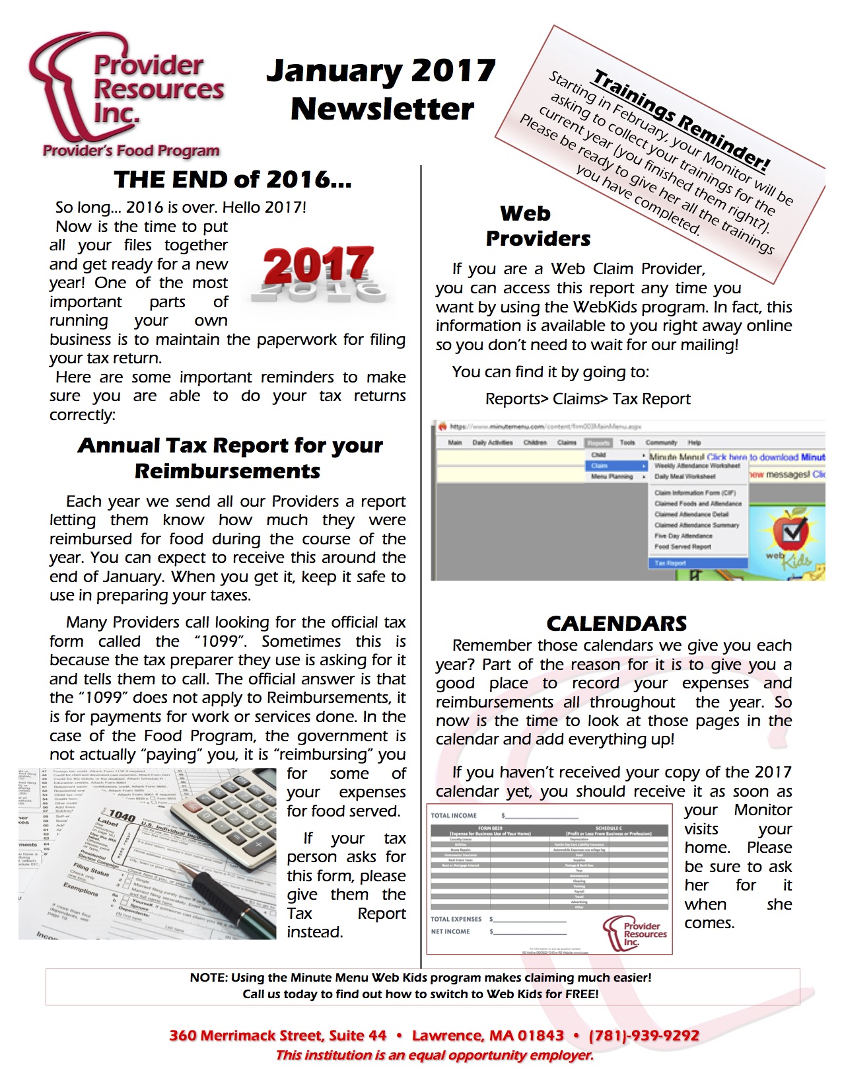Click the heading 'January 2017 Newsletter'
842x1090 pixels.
coord(381,90)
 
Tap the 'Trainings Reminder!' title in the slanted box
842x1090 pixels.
coord(681,120)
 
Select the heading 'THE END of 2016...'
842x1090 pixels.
coord(232,180)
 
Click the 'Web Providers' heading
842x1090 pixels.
coord(538,226)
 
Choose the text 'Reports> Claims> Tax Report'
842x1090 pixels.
coord(587,399)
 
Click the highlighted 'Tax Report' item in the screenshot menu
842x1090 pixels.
coord(670,563)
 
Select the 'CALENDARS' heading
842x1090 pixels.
coord(616,623)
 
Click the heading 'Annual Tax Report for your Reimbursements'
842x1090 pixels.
coord(229,458)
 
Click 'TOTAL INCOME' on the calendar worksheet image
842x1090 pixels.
coord(454,816)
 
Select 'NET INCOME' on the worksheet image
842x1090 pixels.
coord(450,931)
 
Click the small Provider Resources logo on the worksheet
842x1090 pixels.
coord(635,933)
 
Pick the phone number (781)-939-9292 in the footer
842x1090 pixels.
coord(643,1035)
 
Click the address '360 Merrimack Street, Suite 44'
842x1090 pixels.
coord(277,1035)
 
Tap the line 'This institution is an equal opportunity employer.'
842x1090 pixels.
coord(434,1055)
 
